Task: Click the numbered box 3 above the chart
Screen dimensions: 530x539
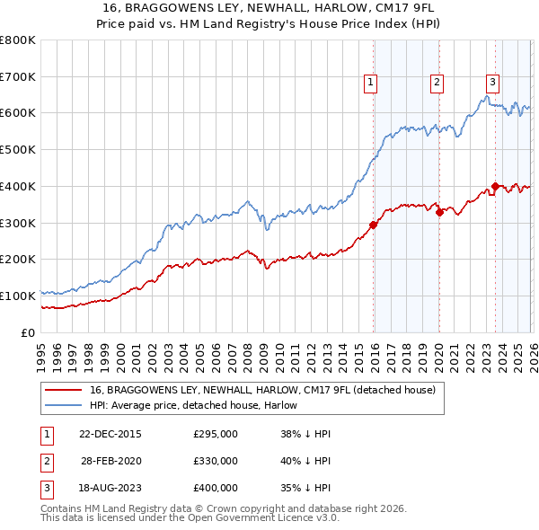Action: tap(493, 79)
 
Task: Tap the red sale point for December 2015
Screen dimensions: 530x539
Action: tap(373, 225)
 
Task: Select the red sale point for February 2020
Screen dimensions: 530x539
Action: tap(439, 212)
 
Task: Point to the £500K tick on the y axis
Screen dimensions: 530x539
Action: tap(18, 150)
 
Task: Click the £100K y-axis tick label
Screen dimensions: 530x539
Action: tap(18, 296)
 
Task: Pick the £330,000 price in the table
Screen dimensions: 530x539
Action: tap(216, 461)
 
